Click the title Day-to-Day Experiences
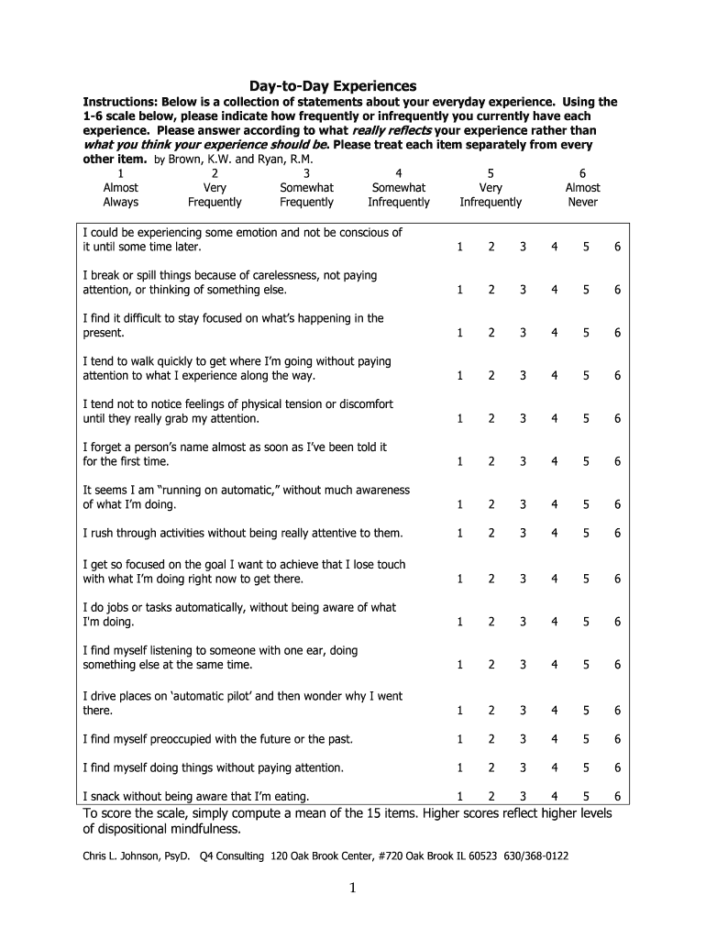(x=352, y=85)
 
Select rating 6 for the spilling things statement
(x=617, y=290)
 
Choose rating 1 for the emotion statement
(x=460, y=247)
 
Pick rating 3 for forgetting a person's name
(x=523, y=461)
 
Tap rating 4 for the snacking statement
(x=554, y=796)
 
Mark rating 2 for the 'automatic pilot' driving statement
(x=491, y=711)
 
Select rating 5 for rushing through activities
(x=585, y=533)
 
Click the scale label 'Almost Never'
(x=582, y=194)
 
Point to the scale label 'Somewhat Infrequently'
(x=398, y=194)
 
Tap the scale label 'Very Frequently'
(x=215, y=194)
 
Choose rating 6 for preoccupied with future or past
(x=617, y=739)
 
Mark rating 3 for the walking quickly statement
(x=523, y=375)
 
